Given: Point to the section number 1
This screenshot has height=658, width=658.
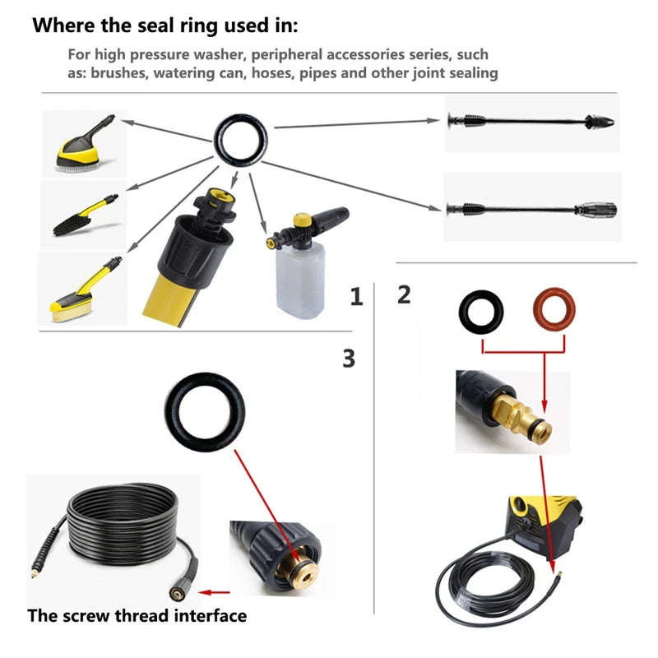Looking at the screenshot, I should (355, 297).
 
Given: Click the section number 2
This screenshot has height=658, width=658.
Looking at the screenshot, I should (404, 294).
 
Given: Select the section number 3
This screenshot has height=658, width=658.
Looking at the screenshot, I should (349, 358).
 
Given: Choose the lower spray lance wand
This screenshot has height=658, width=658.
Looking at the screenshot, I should (526, 207).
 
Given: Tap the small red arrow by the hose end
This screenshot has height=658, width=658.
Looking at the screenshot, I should (215, 591).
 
